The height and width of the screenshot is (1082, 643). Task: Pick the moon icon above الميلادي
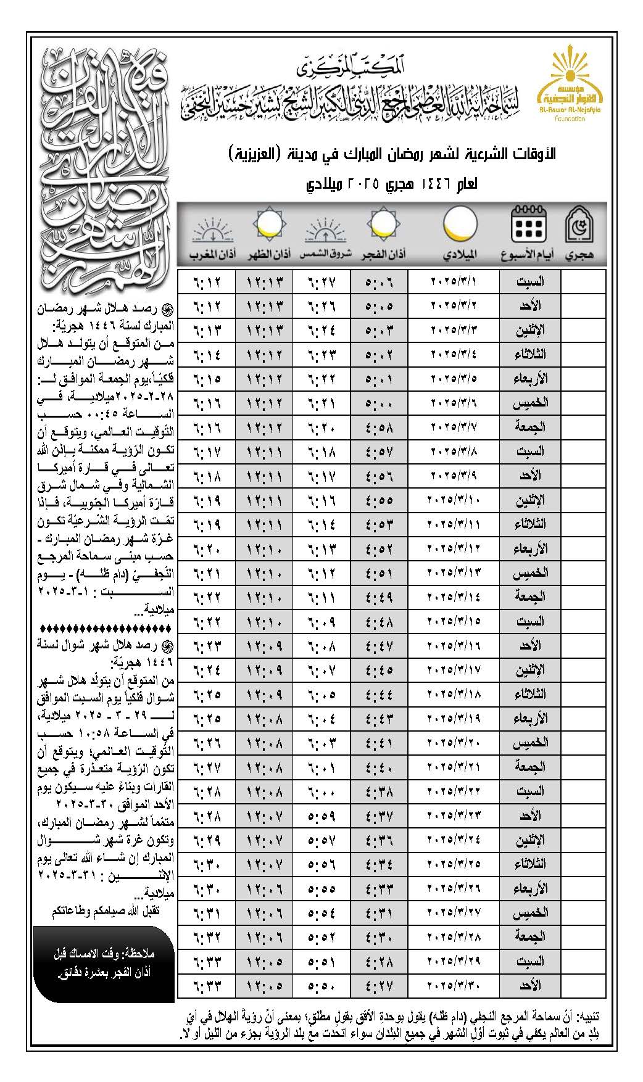pos(460,223)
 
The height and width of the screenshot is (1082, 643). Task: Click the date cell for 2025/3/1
pos(454,281)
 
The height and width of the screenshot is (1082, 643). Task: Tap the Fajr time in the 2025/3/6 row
pos(379,403)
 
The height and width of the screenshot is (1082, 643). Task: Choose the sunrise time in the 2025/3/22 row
pos(321,792)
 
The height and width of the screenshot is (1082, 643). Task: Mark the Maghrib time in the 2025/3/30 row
pos(207,986)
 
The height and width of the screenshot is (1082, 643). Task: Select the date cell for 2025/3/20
pos(454,743)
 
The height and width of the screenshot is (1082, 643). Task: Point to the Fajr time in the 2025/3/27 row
pos(379,914)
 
